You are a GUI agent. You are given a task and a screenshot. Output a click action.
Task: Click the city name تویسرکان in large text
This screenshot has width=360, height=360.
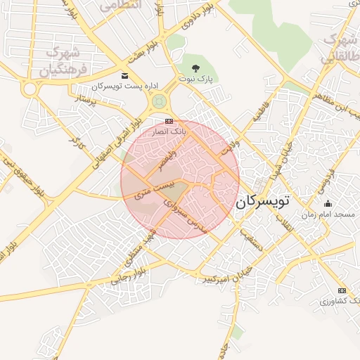(x=263, y=202)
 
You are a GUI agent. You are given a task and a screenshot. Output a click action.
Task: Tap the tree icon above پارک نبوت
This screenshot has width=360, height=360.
(x=196, y=68)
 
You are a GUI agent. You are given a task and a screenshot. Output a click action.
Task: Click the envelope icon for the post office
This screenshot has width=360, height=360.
(x=124, y=75)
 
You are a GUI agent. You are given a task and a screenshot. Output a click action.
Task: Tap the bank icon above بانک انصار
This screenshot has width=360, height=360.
(x=169, y=121)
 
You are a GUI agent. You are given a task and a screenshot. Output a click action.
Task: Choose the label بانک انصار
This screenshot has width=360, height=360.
(x=169, y=131)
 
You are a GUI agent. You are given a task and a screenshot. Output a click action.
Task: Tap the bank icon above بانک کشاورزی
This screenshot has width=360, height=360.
(x=342, y=290)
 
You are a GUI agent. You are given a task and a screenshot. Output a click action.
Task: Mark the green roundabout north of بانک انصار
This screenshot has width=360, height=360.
(x=160, y=101)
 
